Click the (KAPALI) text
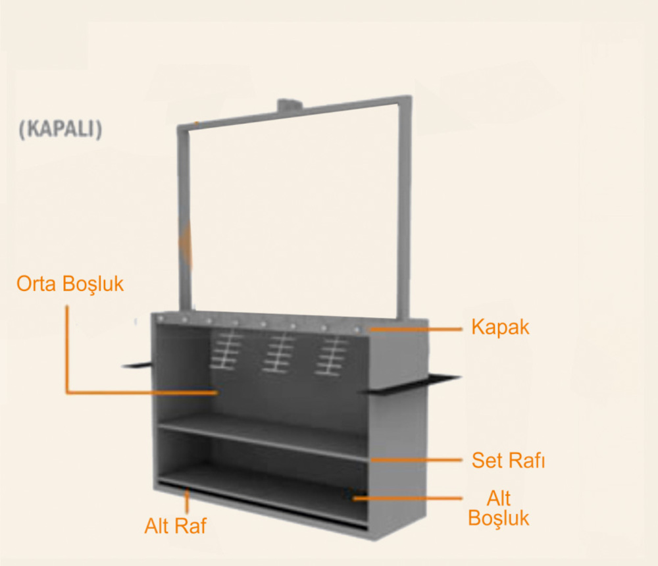tap(61, 129)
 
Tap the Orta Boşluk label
tap(70, 284)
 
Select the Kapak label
tap(500, 327)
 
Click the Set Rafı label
tap(508, 460)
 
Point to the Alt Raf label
tap(176, 526)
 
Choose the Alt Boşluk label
tap(499, 508)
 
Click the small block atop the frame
tap(290, 105)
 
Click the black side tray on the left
tap(136, 365)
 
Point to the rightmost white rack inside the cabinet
tap(332, 355)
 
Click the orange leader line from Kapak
tap(416, 330)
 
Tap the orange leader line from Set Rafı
tap(417, 460)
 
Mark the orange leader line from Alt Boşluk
tap(407, 498)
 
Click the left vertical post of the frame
tap(184, 219)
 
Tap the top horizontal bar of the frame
tap(293, 113)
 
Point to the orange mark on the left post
tap(186, 244)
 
